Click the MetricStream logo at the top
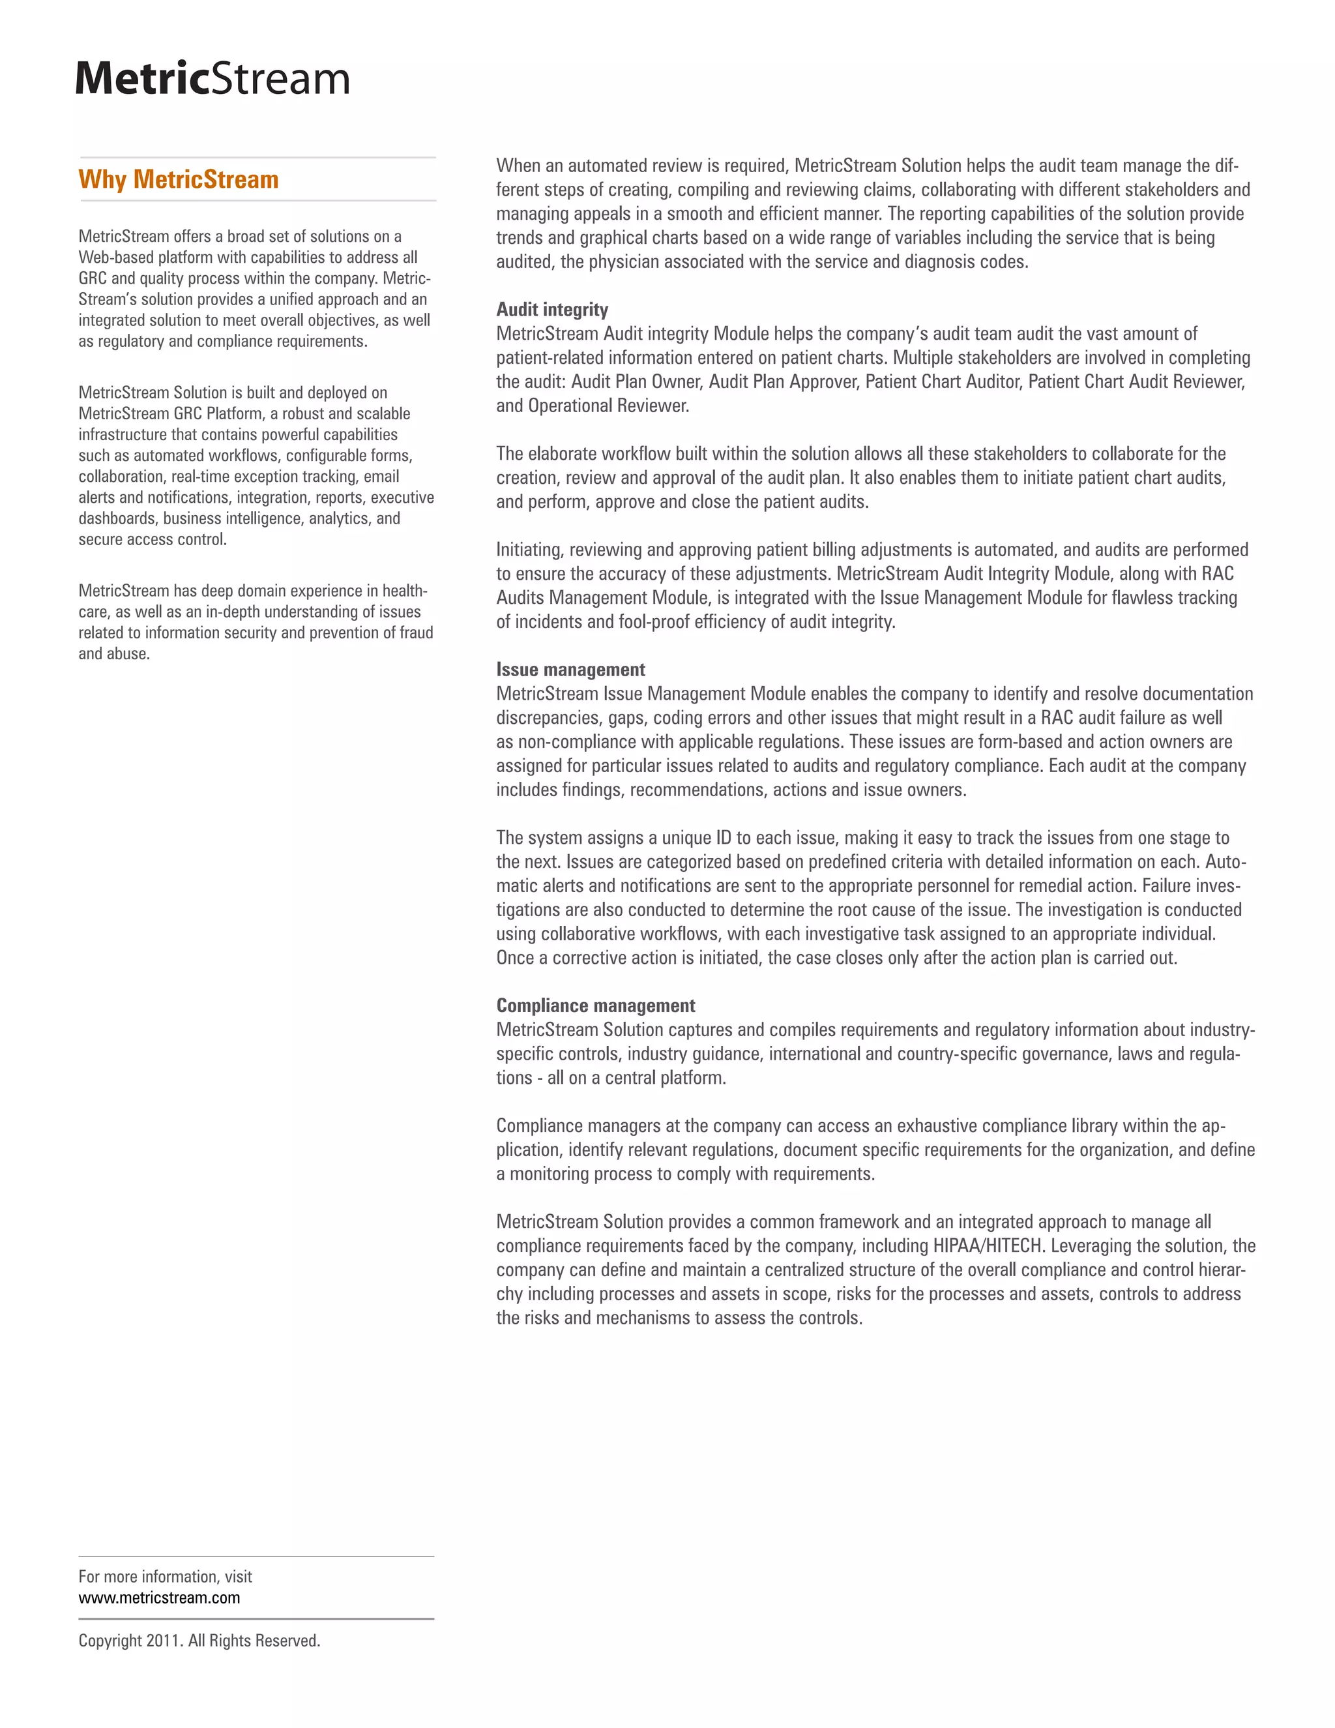212,78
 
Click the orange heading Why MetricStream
178,179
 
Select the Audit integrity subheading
552,309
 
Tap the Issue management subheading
570,670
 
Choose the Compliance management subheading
596,1006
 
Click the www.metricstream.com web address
159,1598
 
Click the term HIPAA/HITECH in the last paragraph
987,1245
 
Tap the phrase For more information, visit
164,1576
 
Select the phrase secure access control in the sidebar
152,540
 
